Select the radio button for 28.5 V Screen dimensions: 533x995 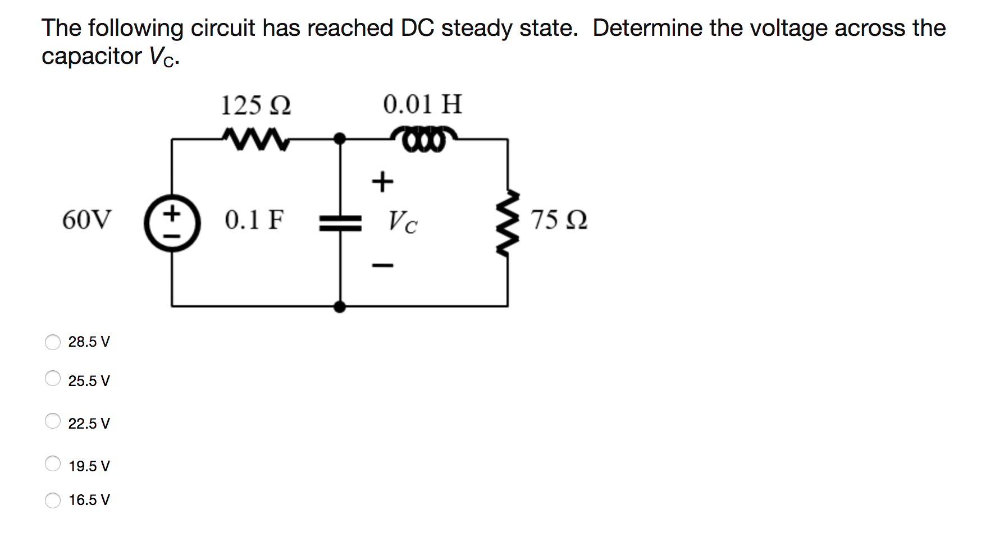tap(53, 342)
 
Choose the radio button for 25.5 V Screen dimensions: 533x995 tap(53, 378)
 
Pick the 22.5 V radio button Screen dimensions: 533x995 tap(53, 421)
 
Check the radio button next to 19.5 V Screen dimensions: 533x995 tap(53, 463)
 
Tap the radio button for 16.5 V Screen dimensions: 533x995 tap(53, 500)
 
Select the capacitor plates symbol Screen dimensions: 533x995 tap(340, 223)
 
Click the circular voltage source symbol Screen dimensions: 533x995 tap(172, 223)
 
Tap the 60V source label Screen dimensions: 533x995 tap(87, 219)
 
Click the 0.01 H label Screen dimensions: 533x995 tap(422, 104)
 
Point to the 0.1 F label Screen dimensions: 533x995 tap(254, 219)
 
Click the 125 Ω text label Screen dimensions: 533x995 tap(255, 105)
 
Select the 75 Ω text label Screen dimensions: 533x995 tap(559, 219)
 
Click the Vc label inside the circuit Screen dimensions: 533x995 tap(403, 222)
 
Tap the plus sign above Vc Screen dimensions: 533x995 tap(383, 182)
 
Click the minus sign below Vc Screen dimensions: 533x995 tap(383, 265)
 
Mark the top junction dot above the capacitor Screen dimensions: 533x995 tap(340, 138)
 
